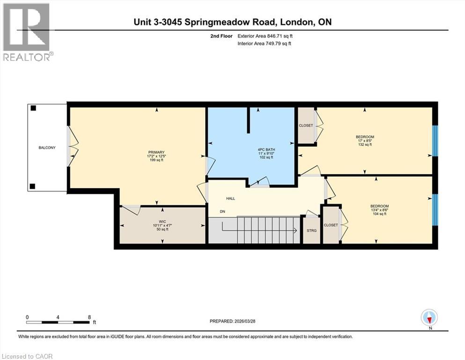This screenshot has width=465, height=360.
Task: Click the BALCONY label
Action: point(47,148)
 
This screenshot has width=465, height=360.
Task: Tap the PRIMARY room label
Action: point(156,152)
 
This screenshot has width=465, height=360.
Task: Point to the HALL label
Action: point(230,199)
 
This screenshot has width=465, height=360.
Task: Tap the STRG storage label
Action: point(311,231)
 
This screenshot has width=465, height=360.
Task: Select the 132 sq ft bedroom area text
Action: point(365,145)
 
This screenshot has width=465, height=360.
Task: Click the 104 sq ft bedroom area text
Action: point(379,214)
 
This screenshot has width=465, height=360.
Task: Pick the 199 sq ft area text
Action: point(156,160)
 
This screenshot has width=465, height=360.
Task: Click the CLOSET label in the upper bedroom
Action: point(306,126)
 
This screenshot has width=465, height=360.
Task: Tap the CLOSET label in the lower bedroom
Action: point(331,225)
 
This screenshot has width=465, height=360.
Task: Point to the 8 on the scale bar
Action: point(89,317)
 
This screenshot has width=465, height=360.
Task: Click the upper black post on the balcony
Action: point(33,108)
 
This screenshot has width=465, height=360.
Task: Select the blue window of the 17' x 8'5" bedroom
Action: point(434,141)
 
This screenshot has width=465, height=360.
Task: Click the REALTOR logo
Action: point(26,31)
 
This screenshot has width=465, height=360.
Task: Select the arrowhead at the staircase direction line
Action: point(295,230)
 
